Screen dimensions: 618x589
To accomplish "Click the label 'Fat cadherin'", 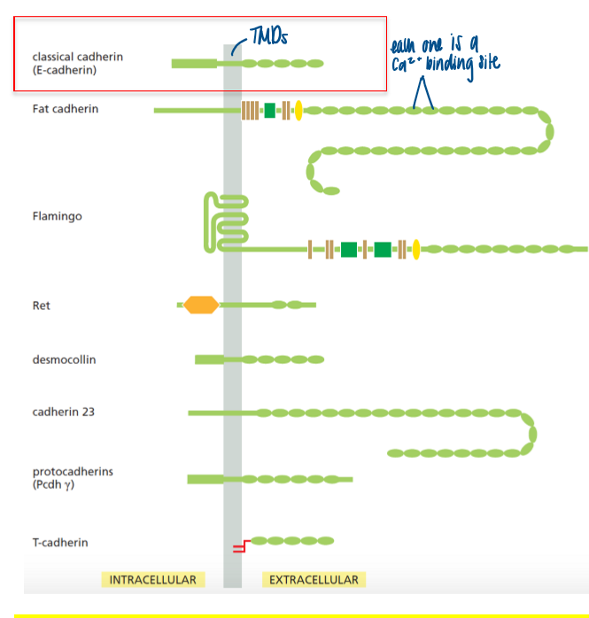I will coord(65,109).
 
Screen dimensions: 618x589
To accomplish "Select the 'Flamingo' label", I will coord(57,216).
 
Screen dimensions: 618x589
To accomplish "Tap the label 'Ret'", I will coord(42,305).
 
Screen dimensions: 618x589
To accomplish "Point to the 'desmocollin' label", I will coord(64,359).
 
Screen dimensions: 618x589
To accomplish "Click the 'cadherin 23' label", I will coord(63,413).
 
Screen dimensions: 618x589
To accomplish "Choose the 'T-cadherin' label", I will coord(60,543).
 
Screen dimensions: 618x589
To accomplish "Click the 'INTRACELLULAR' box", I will coord(152,580).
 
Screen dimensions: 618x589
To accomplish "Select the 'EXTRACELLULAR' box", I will coord(314,580).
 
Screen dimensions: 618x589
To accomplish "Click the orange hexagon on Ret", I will coord(201,305).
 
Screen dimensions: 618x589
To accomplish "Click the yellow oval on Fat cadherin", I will coord(298,111).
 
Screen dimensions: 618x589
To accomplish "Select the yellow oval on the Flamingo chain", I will coord(415,250).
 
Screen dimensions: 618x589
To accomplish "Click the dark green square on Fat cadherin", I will coord(269,111).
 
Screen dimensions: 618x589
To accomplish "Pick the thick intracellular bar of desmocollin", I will coord(209,359).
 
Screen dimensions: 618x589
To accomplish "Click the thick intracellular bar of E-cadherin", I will coord(193,63).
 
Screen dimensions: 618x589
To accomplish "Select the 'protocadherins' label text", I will coord(73,471).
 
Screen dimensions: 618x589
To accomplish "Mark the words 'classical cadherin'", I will coord(77,57).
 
